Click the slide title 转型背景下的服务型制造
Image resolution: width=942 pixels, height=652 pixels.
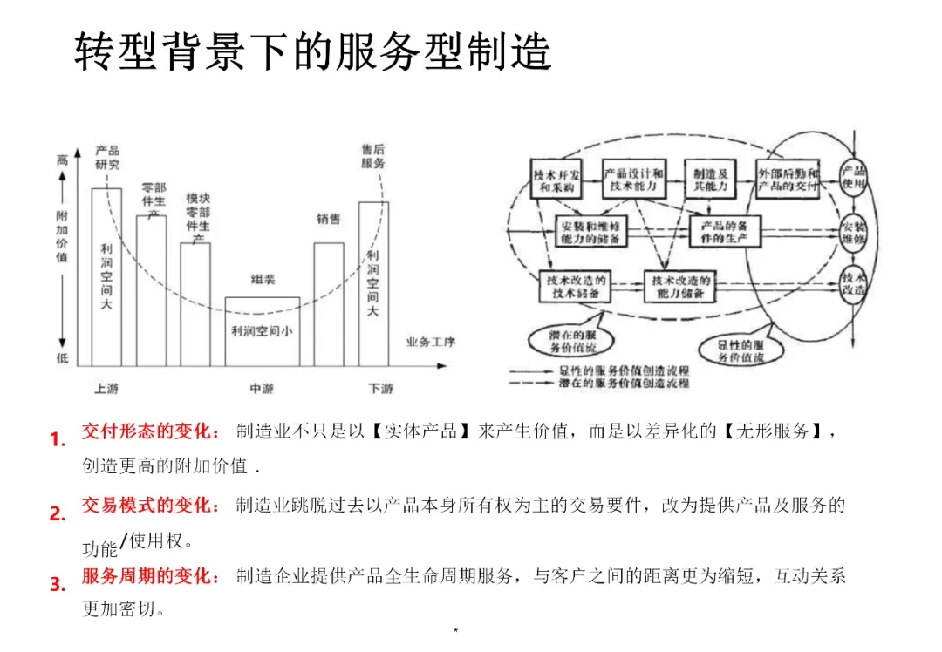313,53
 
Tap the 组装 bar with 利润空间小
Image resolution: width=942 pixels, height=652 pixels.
263,331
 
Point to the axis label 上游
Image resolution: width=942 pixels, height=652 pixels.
106,388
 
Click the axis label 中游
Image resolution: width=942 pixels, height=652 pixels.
263,388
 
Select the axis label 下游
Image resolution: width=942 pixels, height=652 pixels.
380,388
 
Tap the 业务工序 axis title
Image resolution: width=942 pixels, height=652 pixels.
431,342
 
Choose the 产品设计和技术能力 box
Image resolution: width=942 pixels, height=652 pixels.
634,180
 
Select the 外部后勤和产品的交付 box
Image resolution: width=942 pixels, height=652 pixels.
788,180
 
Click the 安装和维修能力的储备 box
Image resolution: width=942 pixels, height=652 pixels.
591,232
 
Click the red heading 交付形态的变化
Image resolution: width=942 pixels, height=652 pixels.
152,431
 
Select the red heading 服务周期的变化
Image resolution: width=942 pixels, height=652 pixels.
152,576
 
